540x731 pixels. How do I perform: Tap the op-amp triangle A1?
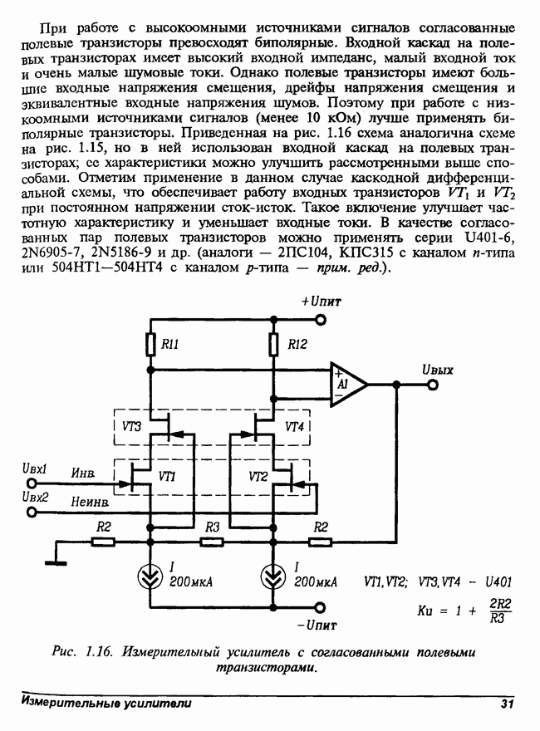[348, 385]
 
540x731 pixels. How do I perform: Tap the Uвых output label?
[437, 370]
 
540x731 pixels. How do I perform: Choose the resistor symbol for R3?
[212, 542]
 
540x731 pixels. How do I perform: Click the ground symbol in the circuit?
[56, 562]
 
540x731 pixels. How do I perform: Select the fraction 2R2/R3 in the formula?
[499, 610]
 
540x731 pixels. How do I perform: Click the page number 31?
[508, 704]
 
